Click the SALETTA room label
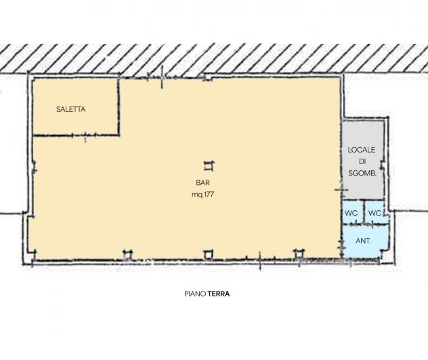[x=70, y=109]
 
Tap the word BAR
[x=202, y=182]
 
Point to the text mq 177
[x=202, y=195]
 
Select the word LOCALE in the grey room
[x=362, y=150]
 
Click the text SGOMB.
[x=362, y=173]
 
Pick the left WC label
[x=351, y=213]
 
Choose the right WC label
[x=374, y=213]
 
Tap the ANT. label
[x=363, y=241]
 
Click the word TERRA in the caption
[x=219, y=294]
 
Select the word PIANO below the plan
[x=195, y=294]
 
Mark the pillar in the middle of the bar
[x=209, y=166]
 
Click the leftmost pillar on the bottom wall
[x=127, y=254]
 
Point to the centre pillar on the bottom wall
[x=208, y=254]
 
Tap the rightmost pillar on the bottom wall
[x=299, y=254]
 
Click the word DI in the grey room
[x=362, y=161]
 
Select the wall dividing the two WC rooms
[x=364, y=212]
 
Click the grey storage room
[x=363, y=159]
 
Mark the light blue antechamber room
[x=365, y=241]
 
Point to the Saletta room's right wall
[x=119, y=106]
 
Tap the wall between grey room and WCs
[x=363, y=199]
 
